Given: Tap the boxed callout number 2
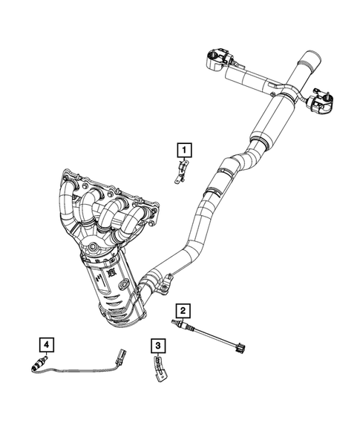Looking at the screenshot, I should pos(182,309).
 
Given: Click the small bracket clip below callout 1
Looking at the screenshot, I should pos(180,175).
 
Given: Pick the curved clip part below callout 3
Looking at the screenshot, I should pos(160,368).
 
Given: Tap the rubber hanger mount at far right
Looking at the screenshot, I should pos(320,100).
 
